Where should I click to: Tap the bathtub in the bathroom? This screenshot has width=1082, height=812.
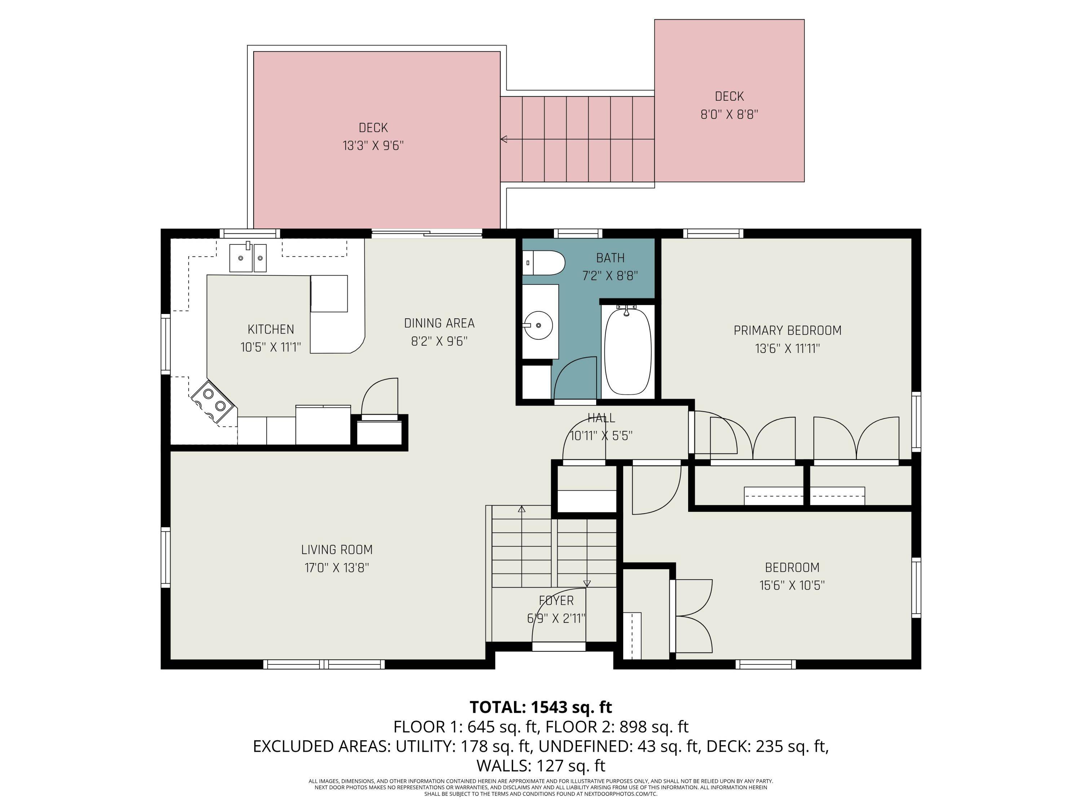(628, 350)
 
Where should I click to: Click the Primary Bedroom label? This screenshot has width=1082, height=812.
(787, 330)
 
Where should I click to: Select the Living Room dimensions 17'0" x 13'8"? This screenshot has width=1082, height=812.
(337, 568)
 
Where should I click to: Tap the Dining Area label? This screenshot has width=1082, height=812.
(439, 323)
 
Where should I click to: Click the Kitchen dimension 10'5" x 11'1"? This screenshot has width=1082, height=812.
(270, 348)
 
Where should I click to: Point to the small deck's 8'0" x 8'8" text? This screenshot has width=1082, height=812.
(729, 114)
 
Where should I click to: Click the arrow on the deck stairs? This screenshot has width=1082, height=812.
(504, 140)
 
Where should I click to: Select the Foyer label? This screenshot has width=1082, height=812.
(556, 601)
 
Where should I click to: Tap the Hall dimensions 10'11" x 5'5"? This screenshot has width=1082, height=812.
(601, 436)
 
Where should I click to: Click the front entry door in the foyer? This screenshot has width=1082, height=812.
(559, 647)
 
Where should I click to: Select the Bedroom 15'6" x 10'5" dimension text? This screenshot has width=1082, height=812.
(792, 585)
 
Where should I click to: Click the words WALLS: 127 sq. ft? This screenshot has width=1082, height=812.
(541, 765)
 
